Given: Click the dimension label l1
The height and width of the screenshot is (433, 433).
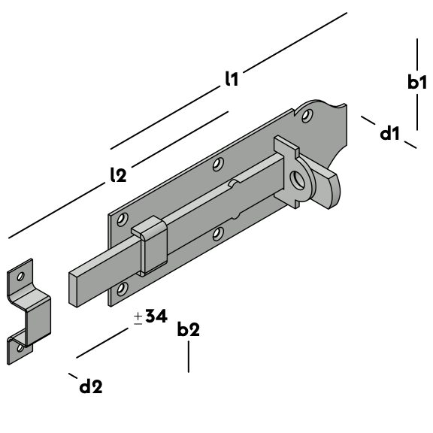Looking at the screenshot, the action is [232, 79].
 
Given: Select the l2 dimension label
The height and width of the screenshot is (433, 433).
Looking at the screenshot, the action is [118, 174].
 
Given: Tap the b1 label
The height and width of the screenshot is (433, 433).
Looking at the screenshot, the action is [417, 82].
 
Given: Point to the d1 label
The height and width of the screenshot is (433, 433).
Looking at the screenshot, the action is [389, 134].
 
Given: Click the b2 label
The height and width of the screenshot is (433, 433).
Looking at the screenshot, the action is [189, 329].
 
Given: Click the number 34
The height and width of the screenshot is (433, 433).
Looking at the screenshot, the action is [156, 316].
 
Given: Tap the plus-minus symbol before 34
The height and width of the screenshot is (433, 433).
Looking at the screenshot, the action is [138, 319].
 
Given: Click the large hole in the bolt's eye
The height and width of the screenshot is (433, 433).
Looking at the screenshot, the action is [297, 180].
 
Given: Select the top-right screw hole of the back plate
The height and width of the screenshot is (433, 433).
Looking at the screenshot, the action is [307, 116].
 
